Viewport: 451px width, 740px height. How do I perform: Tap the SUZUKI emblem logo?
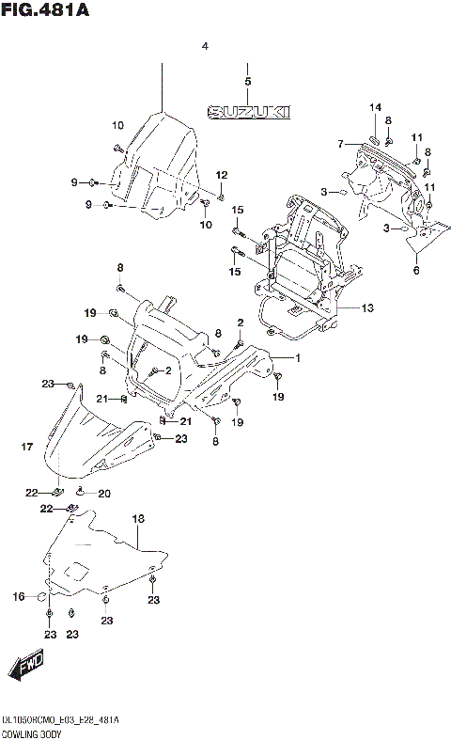(x=248, y=112)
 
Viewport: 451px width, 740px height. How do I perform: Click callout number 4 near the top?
(x=204, y=46)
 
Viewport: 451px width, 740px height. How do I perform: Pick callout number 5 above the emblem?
(x=247, y=82)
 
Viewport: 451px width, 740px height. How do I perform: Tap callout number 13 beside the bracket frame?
(x=366, y=307)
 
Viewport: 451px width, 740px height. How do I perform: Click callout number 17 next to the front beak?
(x=27, y=448)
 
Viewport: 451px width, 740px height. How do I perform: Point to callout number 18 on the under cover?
(x=138, y=518)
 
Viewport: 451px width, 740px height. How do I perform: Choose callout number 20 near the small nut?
(x=104, y=494)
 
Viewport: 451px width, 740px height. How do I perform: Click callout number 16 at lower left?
(x=18, y=596)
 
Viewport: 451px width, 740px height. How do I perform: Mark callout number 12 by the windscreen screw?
(x=222, y=175)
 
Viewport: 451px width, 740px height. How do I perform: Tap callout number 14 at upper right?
(x=374, y=108)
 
